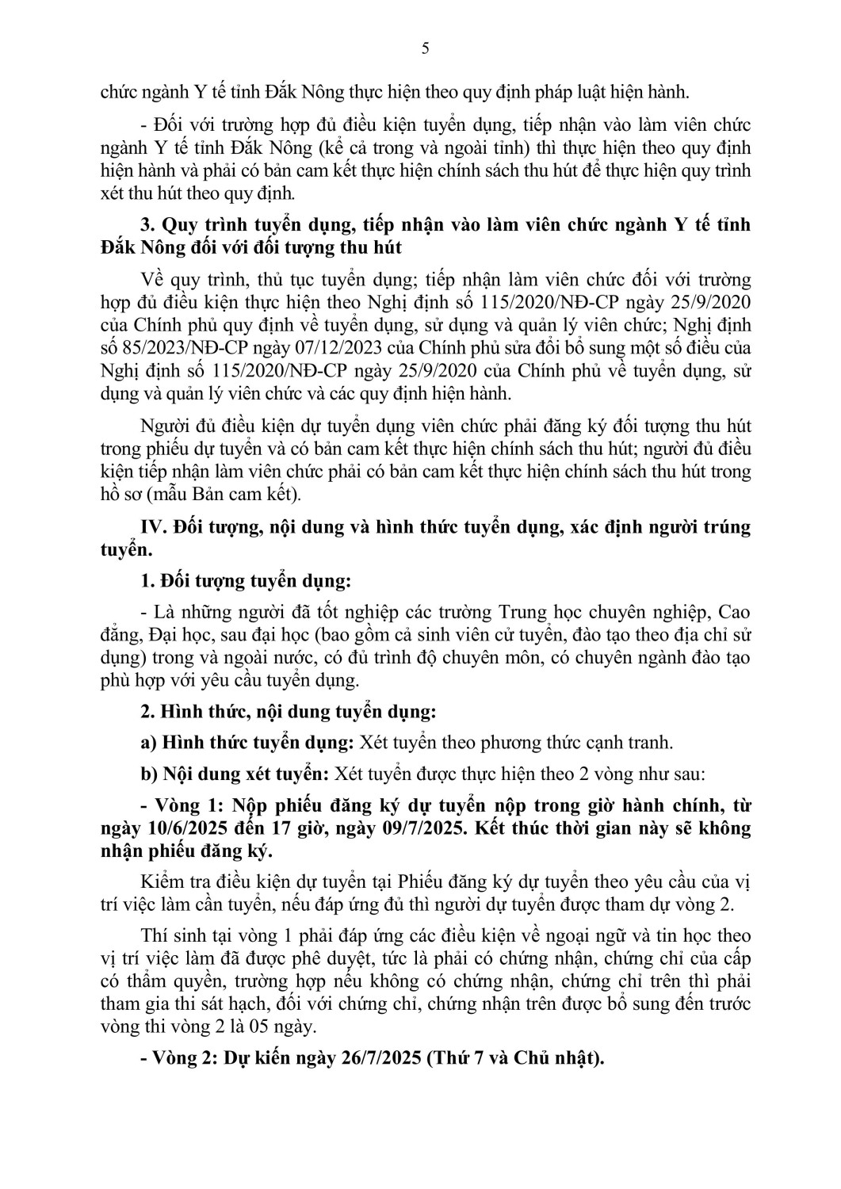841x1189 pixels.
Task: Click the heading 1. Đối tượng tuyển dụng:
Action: point(245,581)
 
